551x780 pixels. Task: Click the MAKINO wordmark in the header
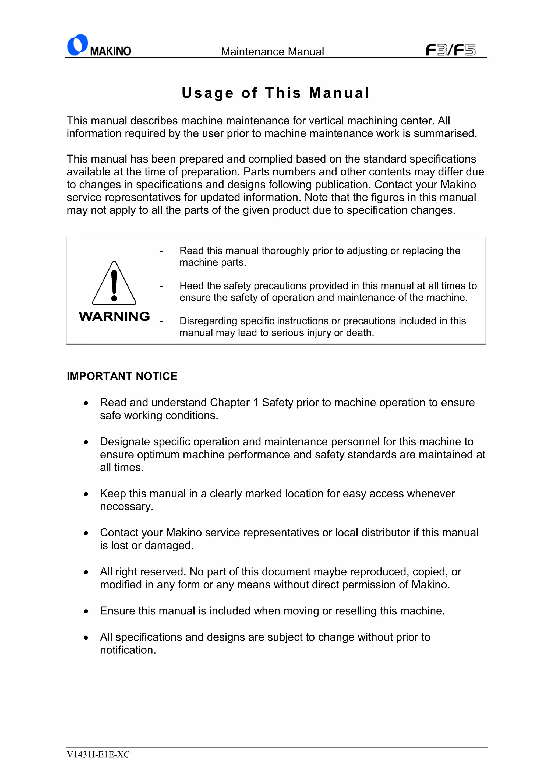pyautogui.click(x=110, y=51)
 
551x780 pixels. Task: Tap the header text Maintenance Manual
pyautogui.click(x=272, y=52)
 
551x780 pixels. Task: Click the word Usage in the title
pyautogui.click(x=207, y=93)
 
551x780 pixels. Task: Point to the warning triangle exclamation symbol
pyautogui.click(x=114, y=284)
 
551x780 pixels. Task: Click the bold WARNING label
pyautogui.click(x=114, y=316)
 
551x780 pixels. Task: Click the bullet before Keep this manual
pyautogui.click(x=86, y=494)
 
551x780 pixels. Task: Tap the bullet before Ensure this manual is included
pyautogui.click(x=86, y=612)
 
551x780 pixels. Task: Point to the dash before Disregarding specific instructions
pyautogui.click(x=162, y=321)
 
